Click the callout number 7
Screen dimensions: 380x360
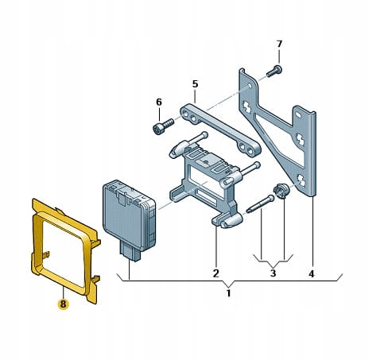[x=279, y=44]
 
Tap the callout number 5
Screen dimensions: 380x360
[x=195, y=84]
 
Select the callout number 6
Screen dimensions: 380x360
[x=159, y=102]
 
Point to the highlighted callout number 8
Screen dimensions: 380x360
[x=63, y=304]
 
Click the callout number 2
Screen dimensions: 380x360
[x=216, y=273]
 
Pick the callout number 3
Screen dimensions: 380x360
[x=273, y=273]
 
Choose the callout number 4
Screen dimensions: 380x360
[x=312, y=273]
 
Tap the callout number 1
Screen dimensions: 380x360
[x=228, y=293]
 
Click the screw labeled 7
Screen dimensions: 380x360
[x=274, y=71]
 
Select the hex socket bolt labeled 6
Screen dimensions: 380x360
[x=163, y=126]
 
